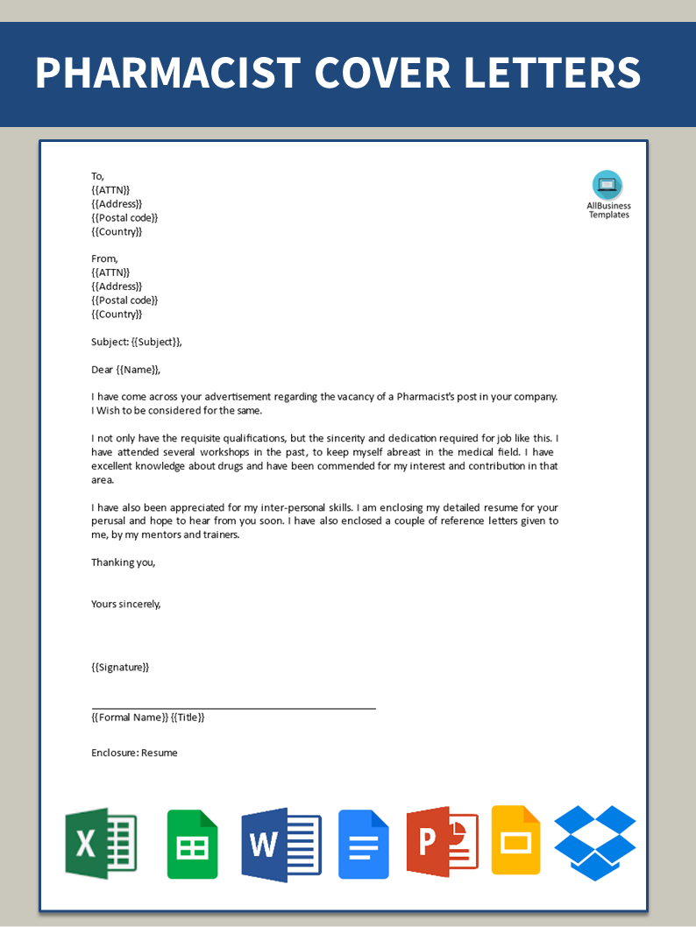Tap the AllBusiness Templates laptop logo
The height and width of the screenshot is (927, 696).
[x=607, y=185]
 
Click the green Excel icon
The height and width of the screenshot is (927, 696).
[x=101, y=843]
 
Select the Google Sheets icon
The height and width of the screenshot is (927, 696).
[x=193, y=844]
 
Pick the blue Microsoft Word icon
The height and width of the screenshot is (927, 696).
[x=281, y=844]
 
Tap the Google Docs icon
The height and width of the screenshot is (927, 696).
[x=364, y=844]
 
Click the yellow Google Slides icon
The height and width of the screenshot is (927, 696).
[x=516, y=839]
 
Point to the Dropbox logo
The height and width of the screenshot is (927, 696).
[x=595, y=842]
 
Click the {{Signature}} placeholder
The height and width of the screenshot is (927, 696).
[x=120, y=667]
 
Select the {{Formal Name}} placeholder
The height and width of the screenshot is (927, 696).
[x=130, y=717]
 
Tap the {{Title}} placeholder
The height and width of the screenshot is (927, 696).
[x=188, y=717]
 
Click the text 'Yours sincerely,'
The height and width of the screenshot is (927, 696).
[x=126, y=604]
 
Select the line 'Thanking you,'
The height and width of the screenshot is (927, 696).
[x=124, y=563]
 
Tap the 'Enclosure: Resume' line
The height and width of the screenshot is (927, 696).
[x=134, y=753]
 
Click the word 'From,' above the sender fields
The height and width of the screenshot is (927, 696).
[x=104, y=258]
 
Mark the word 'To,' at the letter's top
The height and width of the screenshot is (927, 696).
[x=97, y=176]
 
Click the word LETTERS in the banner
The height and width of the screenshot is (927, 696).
[x=552, y=73]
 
